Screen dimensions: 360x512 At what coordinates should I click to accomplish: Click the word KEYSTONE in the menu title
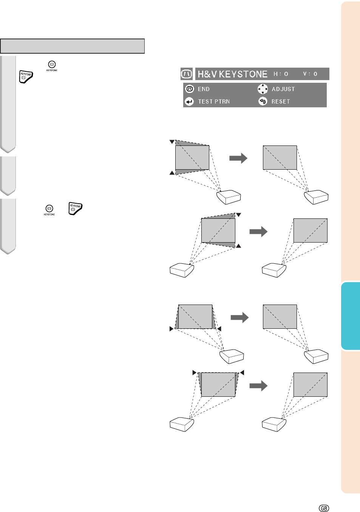pos(243,74)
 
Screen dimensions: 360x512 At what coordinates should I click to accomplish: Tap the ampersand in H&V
pos(207,74)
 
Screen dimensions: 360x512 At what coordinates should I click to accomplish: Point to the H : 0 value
pos(281,74)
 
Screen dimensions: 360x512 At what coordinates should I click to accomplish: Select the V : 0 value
pos(310,74)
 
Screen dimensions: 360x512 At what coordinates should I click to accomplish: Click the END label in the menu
pos(204,89)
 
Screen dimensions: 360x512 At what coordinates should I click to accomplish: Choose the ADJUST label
pos(283,89)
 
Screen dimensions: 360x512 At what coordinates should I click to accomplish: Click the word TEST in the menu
pos(205,102)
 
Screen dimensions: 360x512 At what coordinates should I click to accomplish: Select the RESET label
pos(281,102)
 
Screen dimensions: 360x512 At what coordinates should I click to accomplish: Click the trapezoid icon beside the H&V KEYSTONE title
pos(187,74)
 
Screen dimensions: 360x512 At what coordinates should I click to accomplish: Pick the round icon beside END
pos(189,89)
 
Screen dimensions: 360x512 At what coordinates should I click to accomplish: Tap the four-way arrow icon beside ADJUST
pos(263,89)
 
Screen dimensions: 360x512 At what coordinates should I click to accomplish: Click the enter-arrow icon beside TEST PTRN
pos(189,101)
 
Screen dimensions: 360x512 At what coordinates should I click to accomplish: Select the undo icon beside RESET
pos(263,101)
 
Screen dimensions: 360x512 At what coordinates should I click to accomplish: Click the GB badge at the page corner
pos(324,508)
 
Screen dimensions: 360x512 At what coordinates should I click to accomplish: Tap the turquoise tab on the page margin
pos(351,316)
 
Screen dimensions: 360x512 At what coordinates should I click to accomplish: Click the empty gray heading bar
pos(72,46)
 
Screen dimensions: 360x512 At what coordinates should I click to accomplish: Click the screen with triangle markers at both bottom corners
pos(195,317)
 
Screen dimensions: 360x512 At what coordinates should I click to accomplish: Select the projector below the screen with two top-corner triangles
pos(182,424)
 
